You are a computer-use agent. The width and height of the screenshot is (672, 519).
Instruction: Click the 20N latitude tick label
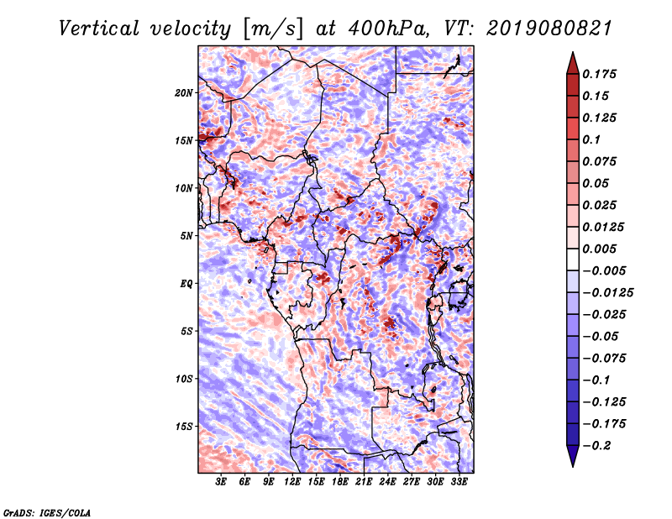click(x=184, y=92)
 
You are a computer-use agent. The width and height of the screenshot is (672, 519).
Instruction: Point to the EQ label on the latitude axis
click(x=186, y=283)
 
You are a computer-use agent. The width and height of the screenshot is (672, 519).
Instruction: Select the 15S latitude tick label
click(x=184, y=426)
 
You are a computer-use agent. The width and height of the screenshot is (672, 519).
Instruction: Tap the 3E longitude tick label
click(x=222, y=483)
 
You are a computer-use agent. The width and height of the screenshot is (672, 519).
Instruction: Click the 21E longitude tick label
click(x=365, y=483)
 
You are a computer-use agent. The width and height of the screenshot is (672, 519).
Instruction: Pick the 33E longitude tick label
click(x=459, y=483)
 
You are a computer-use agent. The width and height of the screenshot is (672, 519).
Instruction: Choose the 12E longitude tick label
click(x=293, y=483)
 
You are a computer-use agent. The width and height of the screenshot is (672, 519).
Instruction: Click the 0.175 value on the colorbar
click(x=601, y=74)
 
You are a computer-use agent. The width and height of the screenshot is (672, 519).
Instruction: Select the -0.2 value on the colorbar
click(x=598, y=445)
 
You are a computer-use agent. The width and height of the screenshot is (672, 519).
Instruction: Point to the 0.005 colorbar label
click(x=601, y=249)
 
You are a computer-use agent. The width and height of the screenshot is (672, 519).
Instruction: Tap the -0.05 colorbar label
click(x=601, y=336)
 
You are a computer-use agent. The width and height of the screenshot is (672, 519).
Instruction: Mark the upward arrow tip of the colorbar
click(x=572, y=55)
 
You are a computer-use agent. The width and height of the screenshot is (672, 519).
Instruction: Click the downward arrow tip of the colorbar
click(x=572, y=464)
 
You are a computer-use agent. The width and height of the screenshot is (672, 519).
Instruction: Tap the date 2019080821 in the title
click(x=536, y=29)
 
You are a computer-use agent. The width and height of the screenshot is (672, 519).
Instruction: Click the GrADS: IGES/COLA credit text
click(x=45, y=511)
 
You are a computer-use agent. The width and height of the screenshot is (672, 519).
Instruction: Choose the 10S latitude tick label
click(x=184, y=378)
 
